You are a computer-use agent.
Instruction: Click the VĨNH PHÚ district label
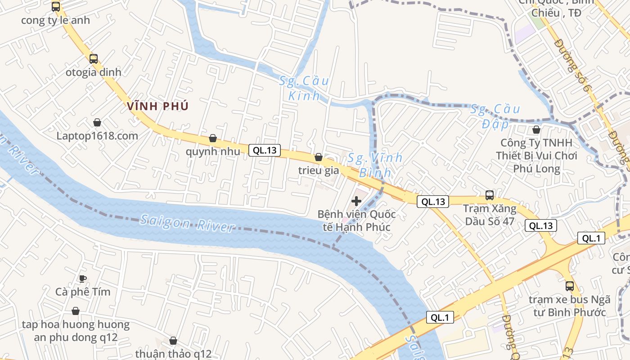point(158,107)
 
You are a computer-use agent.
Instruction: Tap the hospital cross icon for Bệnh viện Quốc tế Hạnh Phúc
point(356,201)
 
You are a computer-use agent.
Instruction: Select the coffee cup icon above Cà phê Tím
point(83,278)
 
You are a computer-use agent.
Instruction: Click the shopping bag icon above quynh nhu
point(213,138)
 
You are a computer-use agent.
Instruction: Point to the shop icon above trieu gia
point(319,157)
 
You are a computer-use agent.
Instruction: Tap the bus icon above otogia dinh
point(94,58)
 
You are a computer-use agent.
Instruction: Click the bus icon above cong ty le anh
point(56,7)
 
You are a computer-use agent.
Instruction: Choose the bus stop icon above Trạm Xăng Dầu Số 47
point(490,195)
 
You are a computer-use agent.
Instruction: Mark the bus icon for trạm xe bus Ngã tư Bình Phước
point(570,286)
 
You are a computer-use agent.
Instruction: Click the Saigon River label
point(187,223)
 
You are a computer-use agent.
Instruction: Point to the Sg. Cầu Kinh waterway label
point(304,88)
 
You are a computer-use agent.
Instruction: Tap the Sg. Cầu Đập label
point(495,116)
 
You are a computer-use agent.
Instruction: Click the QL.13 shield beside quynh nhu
point(265,150)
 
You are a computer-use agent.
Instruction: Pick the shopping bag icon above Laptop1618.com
point(97,122)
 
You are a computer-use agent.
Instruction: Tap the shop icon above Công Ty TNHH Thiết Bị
point(536,130)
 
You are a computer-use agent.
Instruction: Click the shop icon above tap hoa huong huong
point(76,311)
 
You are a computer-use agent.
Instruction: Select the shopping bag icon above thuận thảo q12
point(173,341)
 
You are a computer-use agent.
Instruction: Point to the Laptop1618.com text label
point(97,136)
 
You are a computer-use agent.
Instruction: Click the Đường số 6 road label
point(572,66)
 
